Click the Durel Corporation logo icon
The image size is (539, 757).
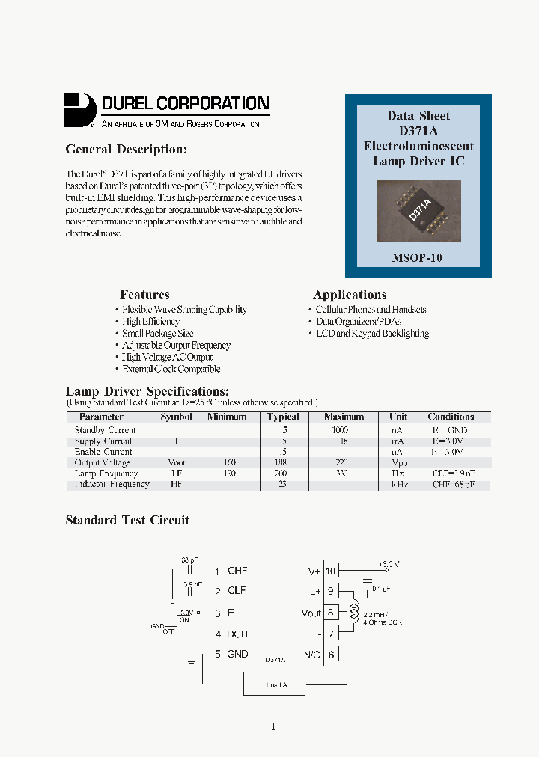79,110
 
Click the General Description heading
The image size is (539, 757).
125,150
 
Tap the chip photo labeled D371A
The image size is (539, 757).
418,211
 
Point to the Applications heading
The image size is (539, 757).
350,295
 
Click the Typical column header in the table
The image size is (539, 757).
283,417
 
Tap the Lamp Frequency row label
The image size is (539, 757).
106,473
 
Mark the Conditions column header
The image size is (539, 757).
451,417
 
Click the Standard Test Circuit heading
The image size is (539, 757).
127,521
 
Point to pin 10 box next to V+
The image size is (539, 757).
330,571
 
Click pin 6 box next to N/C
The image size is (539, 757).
330,654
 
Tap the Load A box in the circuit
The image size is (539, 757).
276,684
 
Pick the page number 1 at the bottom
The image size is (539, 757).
273,726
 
